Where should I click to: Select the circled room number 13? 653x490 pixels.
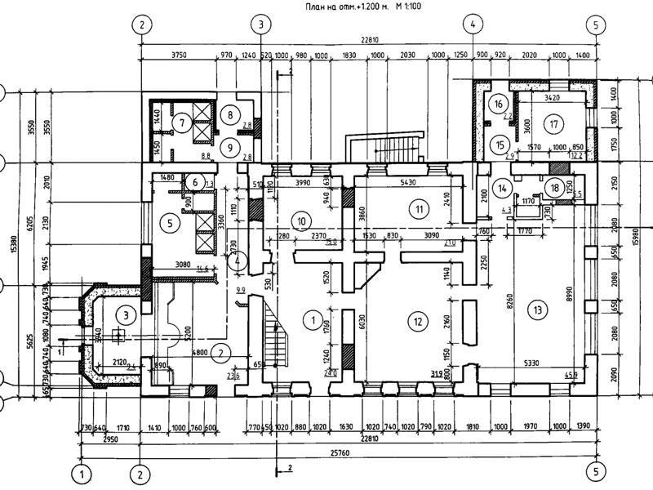pos(536,310)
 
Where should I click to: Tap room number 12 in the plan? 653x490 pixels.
pos(418,322)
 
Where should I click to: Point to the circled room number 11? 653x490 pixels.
pos(420,209)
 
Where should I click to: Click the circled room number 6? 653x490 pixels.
pos(196,181)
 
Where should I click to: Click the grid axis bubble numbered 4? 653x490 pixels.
pos(473,25)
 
